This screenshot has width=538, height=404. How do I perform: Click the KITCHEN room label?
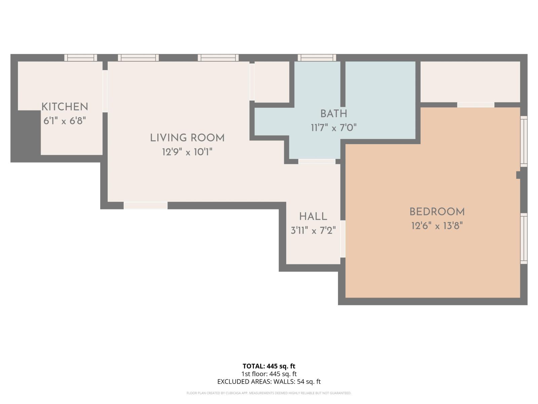[x=65, y=107]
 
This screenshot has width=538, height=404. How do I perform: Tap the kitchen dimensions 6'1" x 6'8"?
[x=65, y=121]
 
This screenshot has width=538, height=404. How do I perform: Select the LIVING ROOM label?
[x=187, y=138]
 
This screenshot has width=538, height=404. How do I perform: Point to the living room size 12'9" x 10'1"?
[x=187, y=152]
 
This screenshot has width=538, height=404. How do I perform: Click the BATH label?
[x=334, y=114]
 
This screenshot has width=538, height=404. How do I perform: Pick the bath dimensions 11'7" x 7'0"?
[x=334, y=128]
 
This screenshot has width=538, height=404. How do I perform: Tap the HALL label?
[x=313, y=216]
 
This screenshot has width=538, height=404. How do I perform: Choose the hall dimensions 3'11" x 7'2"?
[x=313, y=231]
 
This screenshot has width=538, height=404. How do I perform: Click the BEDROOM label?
[x=437, y=212]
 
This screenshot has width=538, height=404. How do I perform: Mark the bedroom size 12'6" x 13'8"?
[x=437, y=226]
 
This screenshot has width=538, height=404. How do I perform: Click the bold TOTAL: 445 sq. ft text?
[x=269, y=366]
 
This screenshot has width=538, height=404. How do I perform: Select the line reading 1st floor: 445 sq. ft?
[x=269, y=374]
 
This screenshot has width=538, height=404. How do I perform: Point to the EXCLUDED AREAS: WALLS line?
[x=269, y=382]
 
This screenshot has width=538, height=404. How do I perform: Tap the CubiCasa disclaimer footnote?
[x=269, y=393]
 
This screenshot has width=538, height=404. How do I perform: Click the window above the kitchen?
[x=81, y=58]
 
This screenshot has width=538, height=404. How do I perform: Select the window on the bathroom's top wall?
[x=317, y=58]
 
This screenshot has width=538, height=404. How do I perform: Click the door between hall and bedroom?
[x=343, y=239]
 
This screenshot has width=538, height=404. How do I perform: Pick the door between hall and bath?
[x=317, y=161]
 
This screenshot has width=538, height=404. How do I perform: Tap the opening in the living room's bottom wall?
[x=146, y=206]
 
